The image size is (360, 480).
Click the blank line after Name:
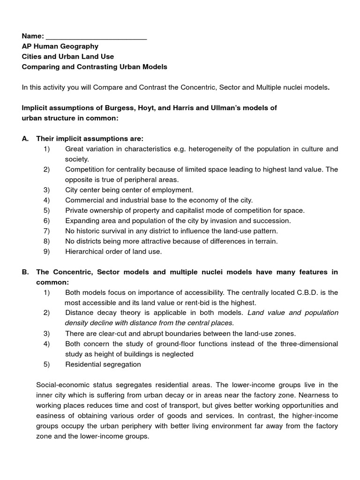tap(96, 37)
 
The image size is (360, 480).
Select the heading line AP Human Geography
tap(60, 46)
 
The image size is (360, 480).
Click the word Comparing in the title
tap(39, 67)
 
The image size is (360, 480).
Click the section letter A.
tap(25, 139)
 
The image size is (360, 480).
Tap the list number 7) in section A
tap(46, 231)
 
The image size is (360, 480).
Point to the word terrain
tap(265, 241)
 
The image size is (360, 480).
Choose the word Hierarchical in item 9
tap(85, 252)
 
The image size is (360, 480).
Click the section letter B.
tap(25, 272)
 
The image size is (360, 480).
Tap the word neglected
tap(177, 354)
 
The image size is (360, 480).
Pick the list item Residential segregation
tap(103, 364)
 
